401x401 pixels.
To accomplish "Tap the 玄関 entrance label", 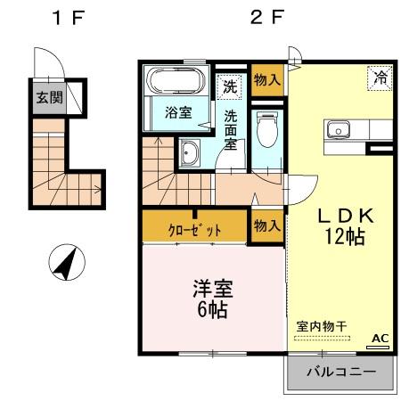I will pos(49,97).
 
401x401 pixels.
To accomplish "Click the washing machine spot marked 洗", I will pos(230,87).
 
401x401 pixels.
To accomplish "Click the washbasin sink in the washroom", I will pos(190,156).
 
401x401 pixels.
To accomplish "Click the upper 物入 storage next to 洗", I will pos(266,80).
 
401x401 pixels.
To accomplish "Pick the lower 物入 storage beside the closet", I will pos(266,225).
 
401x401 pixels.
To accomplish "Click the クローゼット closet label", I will pos(193,228).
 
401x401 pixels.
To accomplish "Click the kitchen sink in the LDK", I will pos(340,131).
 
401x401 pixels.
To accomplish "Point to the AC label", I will pos(380,338).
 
